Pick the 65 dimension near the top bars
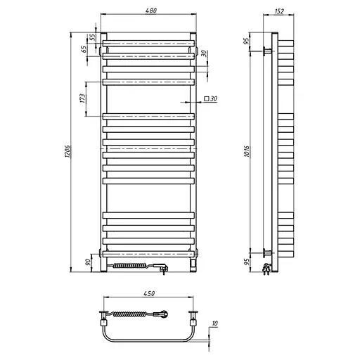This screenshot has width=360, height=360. coord(84,50)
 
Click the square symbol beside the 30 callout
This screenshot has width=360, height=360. coord(206,99)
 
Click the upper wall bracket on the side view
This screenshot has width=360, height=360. coord(267,51)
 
